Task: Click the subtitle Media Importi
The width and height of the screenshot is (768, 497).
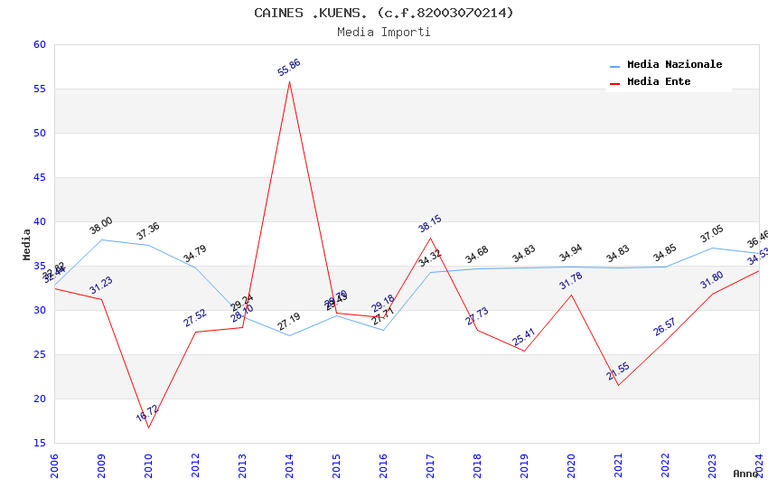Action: tap(384, 33)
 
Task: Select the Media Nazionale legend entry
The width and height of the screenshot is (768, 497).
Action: tap(674, 65)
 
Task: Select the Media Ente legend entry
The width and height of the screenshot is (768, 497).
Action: tap(659, 82)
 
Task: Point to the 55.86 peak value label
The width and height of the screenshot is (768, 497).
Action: tap(289, 68)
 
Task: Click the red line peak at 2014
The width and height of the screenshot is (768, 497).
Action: tap(289, 81)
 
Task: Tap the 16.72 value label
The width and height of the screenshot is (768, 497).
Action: tap(147, 414)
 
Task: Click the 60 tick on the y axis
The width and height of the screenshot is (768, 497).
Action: tap(38, 45)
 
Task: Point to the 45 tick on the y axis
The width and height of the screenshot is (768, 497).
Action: tap(38, 178)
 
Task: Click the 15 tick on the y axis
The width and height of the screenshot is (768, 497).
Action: tap(38, 444)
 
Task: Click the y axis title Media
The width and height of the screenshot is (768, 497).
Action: tap(27, 244)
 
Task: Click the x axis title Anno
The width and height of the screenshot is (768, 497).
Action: tap(745, 474)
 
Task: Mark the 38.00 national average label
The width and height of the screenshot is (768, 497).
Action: tap(101, 225)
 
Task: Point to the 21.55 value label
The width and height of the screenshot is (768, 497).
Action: tap(618, 371)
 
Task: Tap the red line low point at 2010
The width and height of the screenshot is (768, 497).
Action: tap(148, 427)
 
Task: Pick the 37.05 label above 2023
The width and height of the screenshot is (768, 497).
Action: tap(712, 233)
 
